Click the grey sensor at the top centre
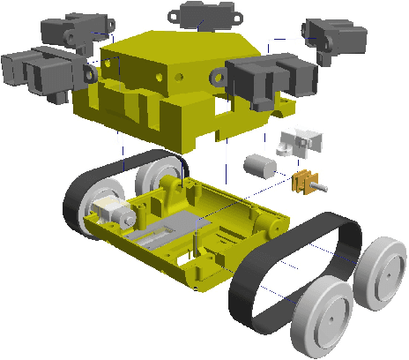pyautogui.click(x=205, y=15)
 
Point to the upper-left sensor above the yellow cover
pyautogui.click(x=72, y=30)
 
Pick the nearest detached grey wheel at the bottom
pyautogui.click(x=323, y=315)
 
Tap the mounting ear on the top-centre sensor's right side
pyautogui.click(x=236, y=11)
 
